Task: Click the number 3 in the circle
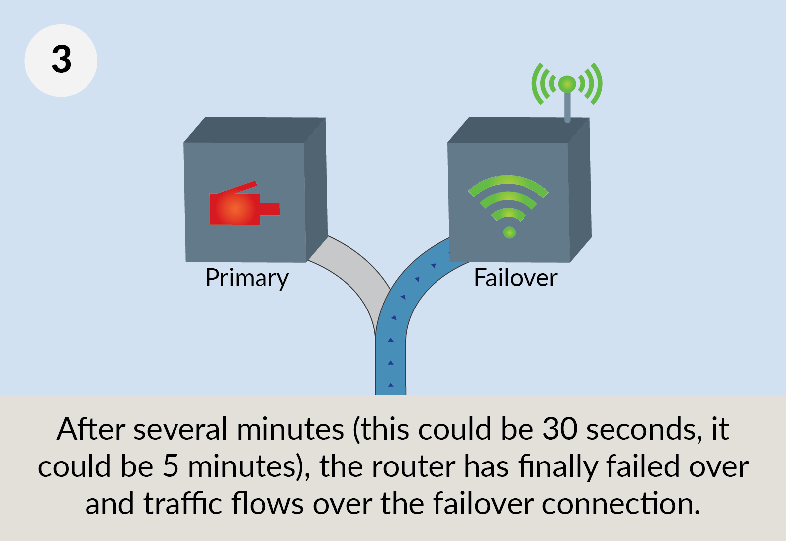pyautogui.click(x=61, y=60)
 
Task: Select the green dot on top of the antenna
pyautogui.click(x=567, y=84)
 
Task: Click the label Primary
pyautogui.click(x=247, y=278)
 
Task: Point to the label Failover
pyautogui.click(x=516, y=278)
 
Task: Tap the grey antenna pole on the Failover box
pyautogui.click(x=567, y=107)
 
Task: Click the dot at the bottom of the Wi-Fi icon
pyautogui.click(x=509, y=232)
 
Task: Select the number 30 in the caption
pyautogui.click(x=559, y=429)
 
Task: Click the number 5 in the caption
pyautogui.click(x=171, y=466)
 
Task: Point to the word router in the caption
pyautogui.click(x=414, y=466)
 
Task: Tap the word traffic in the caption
pyautogui.click(x=183, y=504)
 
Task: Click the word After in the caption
pyautogui.click(x=91, y=429)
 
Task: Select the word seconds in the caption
pyautogui.click(x=644, y=429)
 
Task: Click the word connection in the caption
pyautogui.click(x=620, y=504)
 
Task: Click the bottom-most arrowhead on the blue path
pyautogui.click(x=391, y=385)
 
